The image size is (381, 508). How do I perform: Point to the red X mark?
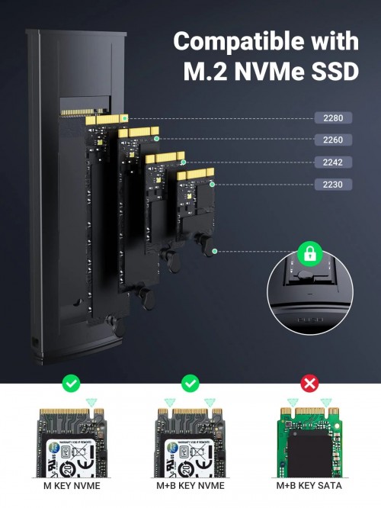309,383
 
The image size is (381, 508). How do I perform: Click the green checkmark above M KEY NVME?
71,383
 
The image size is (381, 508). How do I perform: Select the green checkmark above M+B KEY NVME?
190,383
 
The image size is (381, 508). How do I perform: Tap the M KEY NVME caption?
71,485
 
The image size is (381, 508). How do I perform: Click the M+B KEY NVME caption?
190,485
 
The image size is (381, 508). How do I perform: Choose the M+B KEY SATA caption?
309,485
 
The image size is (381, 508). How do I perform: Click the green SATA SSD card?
309,442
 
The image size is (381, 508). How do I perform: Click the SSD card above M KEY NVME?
71,442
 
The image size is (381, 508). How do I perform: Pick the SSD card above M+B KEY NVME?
190,442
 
